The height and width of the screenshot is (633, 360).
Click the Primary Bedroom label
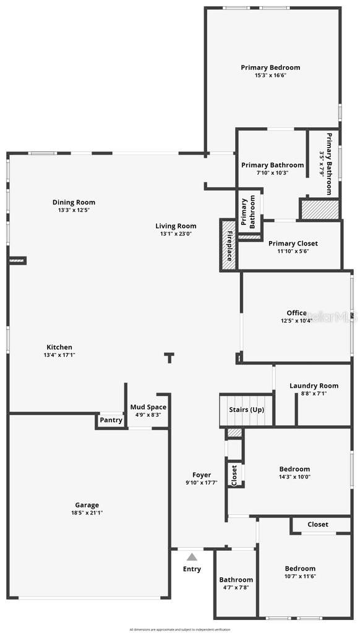[x=270, y=67]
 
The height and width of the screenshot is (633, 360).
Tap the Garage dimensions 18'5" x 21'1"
[x=87, y=512]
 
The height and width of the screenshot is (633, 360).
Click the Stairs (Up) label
[x=246, y=410]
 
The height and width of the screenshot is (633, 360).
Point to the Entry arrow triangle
[x=192, y=557]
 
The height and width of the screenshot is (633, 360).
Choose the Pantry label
[x=111, y=420]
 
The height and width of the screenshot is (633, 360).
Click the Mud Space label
[x=148, y=407]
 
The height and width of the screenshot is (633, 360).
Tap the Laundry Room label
[x=314, y=386]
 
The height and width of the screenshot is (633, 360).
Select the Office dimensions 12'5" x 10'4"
[x=296, y=320]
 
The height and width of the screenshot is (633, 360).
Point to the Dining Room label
[x=74, y=202]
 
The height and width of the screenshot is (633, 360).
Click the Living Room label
[x=176, y=226]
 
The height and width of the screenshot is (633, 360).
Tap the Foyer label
[x=201, y=475]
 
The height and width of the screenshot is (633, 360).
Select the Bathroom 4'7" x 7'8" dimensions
[x=235, y=588]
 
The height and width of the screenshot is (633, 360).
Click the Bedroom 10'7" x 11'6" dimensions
[x=300, y=576]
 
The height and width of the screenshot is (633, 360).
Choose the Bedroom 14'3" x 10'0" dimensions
[x=294, y=477]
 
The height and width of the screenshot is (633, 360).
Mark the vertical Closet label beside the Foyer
[x=234, y=475]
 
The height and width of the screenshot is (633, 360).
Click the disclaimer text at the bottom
[x=180, y=629]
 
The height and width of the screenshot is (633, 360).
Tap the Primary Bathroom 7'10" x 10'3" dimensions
[x=272, y=172]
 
